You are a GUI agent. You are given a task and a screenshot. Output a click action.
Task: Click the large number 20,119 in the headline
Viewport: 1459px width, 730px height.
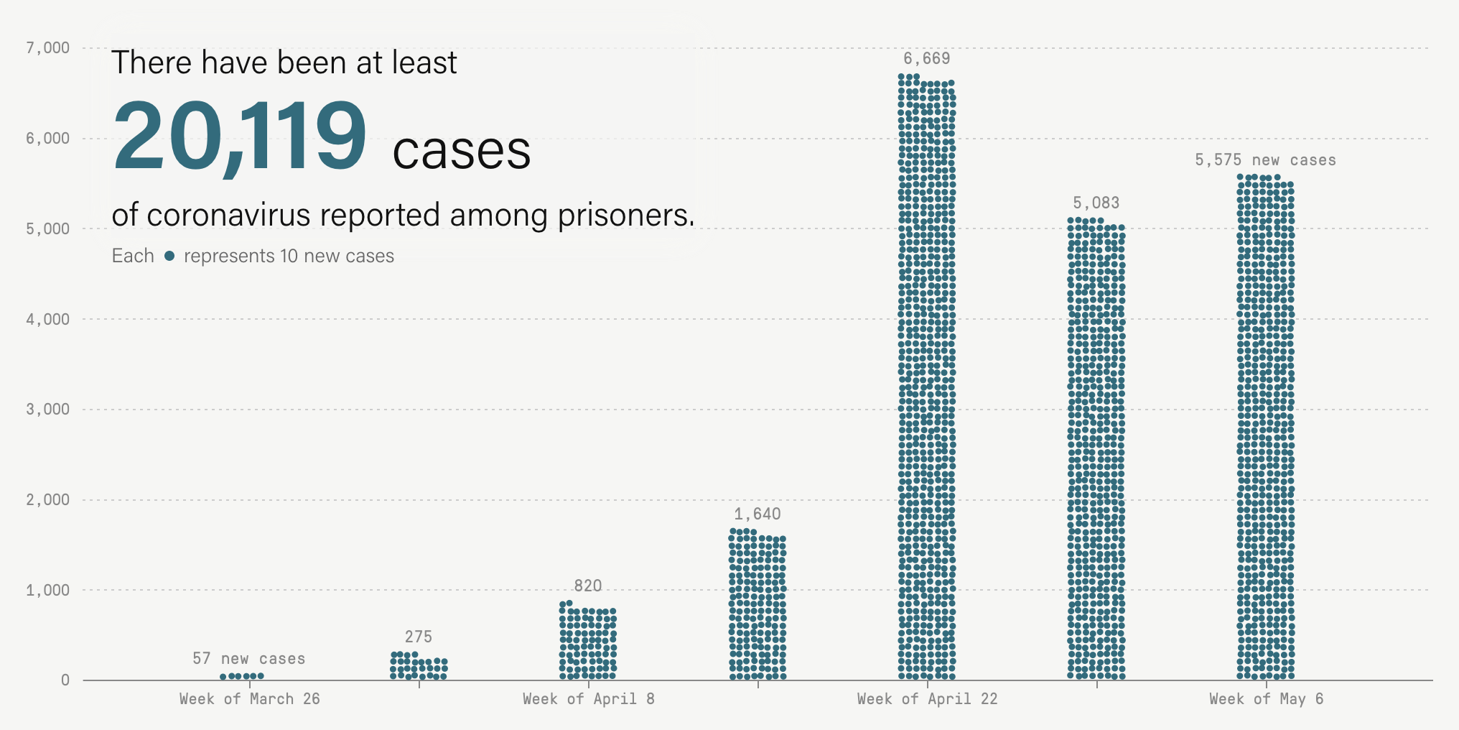pyautogui.click(x=240, y=137)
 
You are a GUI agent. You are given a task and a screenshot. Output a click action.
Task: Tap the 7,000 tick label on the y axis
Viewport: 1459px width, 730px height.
pyautogui.click(x=48, y=48)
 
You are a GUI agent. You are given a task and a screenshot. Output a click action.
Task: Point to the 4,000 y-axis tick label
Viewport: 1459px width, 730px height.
pyautogui.click(x=48, y=319)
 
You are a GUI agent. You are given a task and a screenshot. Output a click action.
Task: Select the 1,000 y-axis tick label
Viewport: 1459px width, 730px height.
pyautogui.click(x=48, y=590)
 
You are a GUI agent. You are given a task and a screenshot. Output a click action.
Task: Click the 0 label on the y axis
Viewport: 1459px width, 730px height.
pyautogui.click(x=65, y=680)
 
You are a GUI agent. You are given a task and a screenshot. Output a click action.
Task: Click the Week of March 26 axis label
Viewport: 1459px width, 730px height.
pyautogui.click(x=249, y=699)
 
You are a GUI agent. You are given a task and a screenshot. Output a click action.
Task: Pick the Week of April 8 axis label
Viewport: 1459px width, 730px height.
pyautogui.click(x=588, y=699)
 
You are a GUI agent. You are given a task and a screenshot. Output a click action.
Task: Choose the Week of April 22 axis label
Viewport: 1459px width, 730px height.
pyautogui.click(x=927, y=699)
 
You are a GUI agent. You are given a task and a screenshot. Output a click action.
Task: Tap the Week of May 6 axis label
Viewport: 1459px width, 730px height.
pyautogui.click(x=1266, y=699)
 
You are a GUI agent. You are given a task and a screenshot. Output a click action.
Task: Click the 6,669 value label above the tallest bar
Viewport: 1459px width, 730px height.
pyautogui.click(x=926, y=59)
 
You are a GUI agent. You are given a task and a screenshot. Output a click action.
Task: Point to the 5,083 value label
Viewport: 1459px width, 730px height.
pyautogui.click(x=1096, y=203)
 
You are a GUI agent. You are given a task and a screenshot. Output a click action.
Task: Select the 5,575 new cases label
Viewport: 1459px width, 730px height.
pyautogui.click(x=1265, y=160)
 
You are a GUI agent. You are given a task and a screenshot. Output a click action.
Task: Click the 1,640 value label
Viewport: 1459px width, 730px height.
pyautogui.click(x=757, y=514)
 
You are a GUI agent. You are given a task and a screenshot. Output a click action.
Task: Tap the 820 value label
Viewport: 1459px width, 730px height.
pyautogui.click(x=587, y=586)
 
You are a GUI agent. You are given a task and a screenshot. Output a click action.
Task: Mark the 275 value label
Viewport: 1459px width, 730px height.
pyautogui.click(x=418, y=637)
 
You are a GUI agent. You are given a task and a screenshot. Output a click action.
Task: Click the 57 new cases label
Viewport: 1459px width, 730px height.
pyautogui.click(x=248, y=659)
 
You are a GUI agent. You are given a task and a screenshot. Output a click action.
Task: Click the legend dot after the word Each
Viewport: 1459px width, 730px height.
pyautogui.click(x=169, y=256)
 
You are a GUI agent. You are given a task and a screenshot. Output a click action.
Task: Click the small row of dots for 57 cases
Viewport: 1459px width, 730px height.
pyautogui.click(x=242, y=676)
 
